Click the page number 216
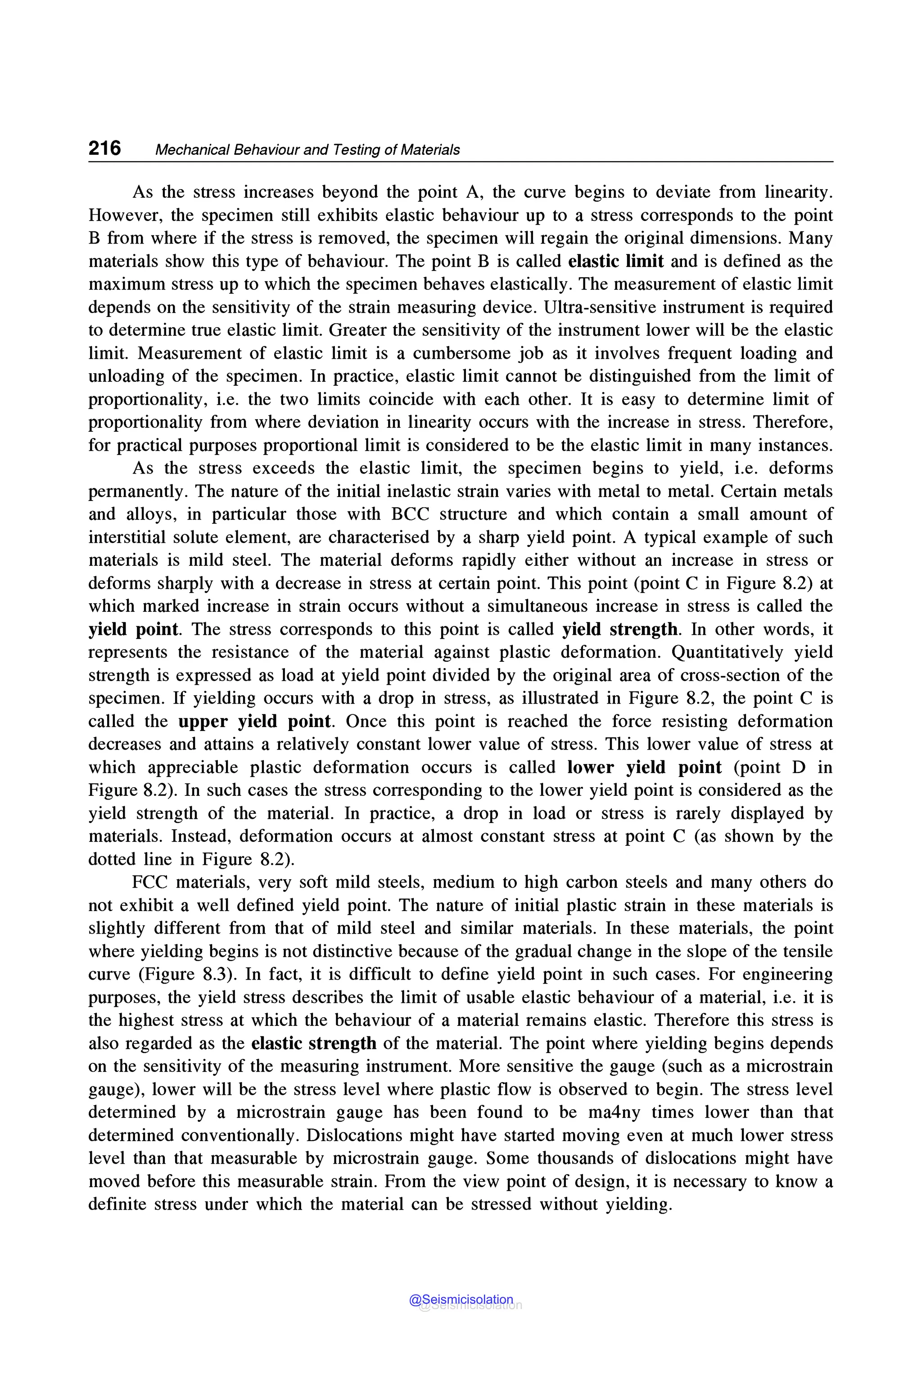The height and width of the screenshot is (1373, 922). click(x=104, y=148)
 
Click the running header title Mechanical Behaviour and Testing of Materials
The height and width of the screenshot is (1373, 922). click(x=307, y=150)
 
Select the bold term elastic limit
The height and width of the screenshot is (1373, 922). click(x=616, y=261)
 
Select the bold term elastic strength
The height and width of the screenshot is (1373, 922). click(x=313, y=1043)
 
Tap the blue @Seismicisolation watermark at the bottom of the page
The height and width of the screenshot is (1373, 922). click(x=461, y=1300)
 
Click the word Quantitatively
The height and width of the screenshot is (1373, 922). click(x=728, y=652)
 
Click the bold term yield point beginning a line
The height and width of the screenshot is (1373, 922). click(x=133, y=629)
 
